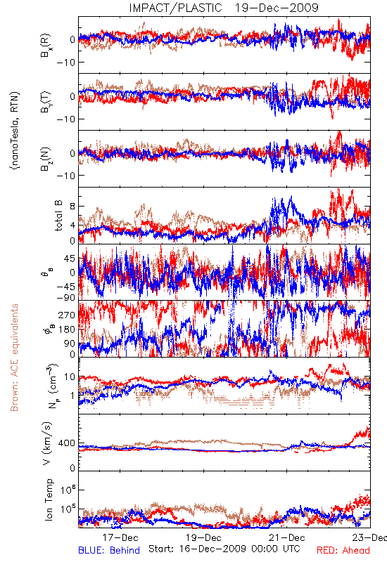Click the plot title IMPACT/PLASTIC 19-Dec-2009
(x=224, y=8)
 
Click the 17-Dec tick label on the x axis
(x=120, y=537)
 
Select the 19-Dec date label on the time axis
(x=203, y=537)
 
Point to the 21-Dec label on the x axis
(x=287, y=537)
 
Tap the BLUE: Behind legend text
(x=109, y=550)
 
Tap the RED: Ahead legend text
(x=343, y=550)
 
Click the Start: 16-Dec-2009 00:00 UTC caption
(x=224, y=549)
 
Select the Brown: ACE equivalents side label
(x=14, y=358)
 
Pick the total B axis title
(x=58, y=216)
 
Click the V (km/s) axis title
(x=47, y=443)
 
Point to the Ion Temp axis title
(x=49, y=499)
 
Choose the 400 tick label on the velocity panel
(x=67, y=443)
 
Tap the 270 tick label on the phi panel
(x=67, y=315)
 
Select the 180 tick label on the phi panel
(x=67, y=329)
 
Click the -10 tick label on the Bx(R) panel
(x=65, y=63)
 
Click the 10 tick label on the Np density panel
(x=70, y=377)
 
